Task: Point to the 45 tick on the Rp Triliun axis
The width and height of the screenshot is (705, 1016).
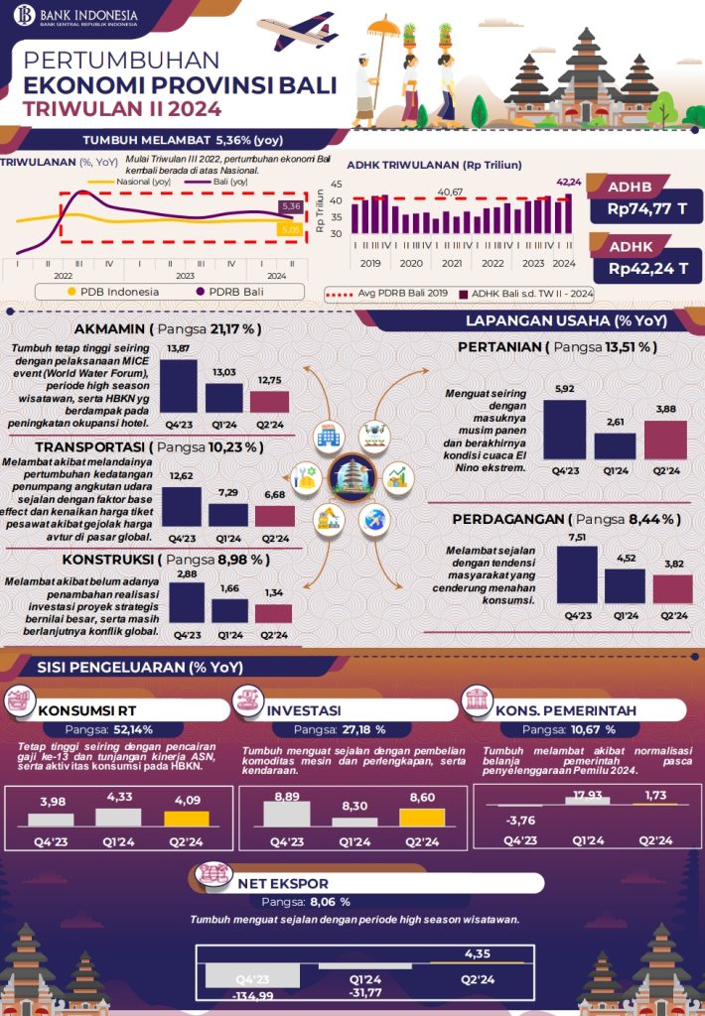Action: coord(336,185)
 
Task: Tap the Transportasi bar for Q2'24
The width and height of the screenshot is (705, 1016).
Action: coord(274,515)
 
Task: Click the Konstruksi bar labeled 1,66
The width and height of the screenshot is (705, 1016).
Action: coord(230,610)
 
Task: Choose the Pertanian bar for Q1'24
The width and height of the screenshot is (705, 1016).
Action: coord(616,445)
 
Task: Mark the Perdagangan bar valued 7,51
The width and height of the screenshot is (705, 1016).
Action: coord(576,574)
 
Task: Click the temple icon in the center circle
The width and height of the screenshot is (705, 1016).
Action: coord(354,475)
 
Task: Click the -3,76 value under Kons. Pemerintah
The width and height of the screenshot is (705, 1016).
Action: coord(520,821)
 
